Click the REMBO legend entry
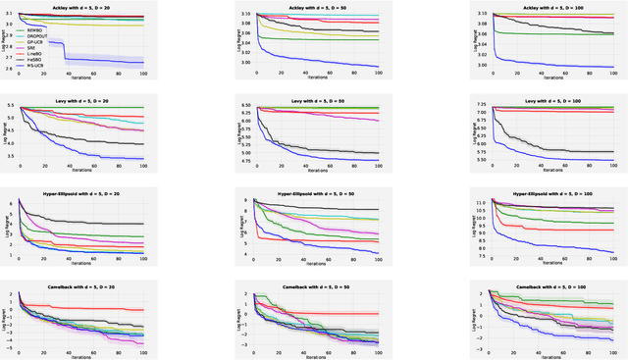click(x=34, y=30)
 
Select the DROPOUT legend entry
click(x=36, y=36)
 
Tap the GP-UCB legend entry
click(x=35, y=42)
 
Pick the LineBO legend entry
click(x=34, y=54)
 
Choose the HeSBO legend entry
click(x=34, y=60)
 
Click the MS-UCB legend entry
click(x=35, y=66)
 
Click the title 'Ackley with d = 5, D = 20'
click(x=81, y=6)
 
